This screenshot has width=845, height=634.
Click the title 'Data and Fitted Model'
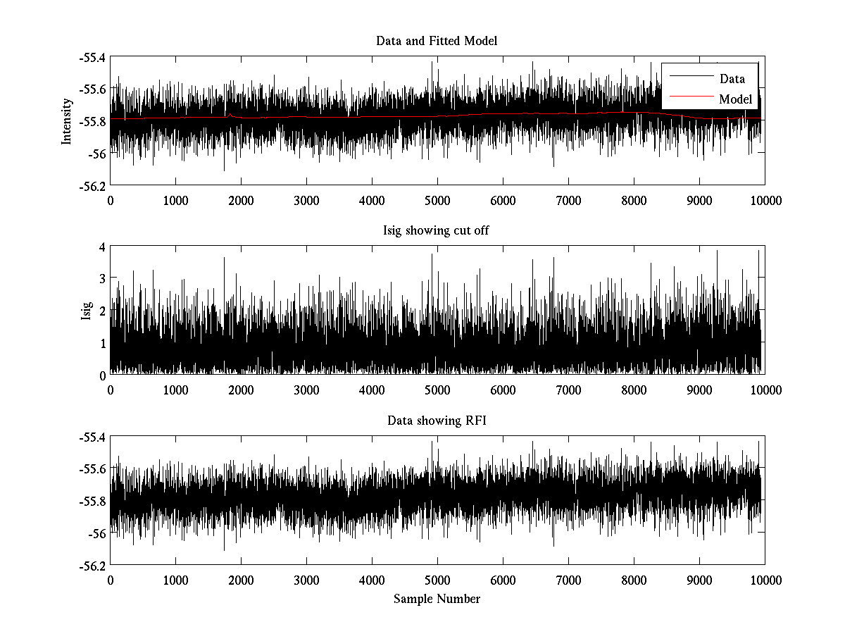click(x=437, y=41)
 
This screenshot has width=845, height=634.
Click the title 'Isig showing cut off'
click(x=437, y=231)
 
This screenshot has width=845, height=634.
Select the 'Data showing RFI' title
click(x=437, y=421)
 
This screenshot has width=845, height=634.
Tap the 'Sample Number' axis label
click(x=437, y=599)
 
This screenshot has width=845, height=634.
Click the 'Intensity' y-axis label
click(x=67, y=120)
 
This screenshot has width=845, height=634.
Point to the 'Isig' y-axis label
click(x=87, y=311)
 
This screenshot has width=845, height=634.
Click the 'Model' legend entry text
click(x=735, y=99)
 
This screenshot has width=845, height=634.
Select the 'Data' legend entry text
click(x=732, y=79)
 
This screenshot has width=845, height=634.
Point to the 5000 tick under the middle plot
click(x=437, y=390)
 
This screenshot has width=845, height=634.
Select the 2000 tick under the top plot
click(x=241, y=200)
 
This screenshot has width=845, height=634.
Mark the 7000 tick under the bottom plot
click(x=568, y=580)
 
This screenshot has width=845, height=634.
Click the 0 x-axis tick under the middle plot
click(x=111, y=390)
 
